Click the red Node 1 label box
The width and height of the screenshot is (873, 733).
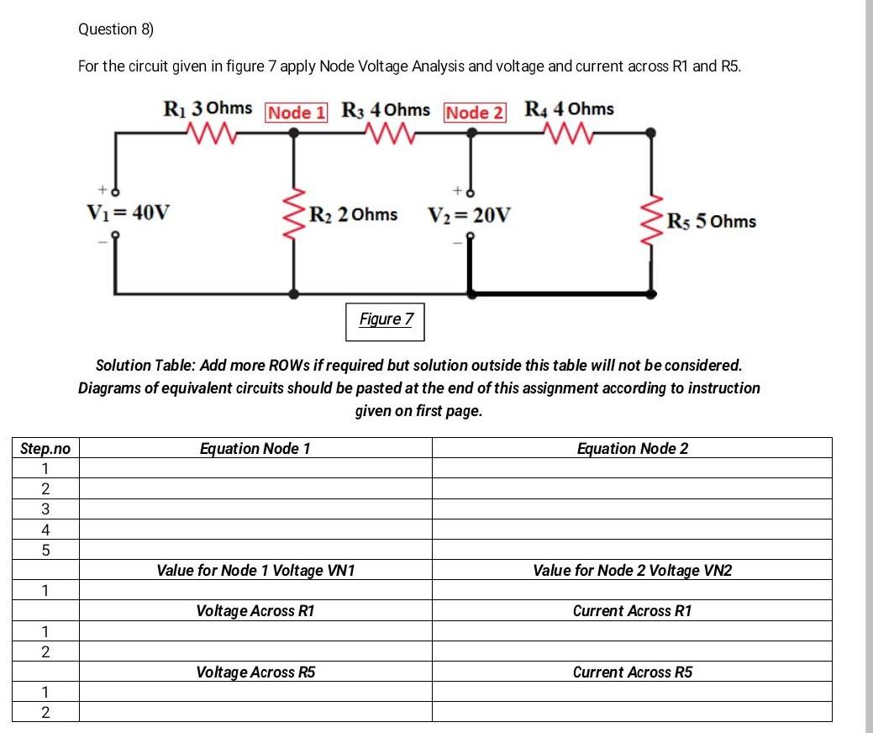[x=296, y=113]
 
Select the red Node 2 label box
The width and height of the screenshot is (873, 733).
[x=475, y=113]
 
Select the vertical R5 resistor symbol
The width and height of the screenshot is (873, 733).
[x=650, y=219]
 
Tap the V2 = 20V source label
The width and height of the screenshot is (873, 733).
[x=470, y=214]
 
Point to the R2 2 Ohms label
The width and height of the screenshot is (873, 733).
[x=353, y=214]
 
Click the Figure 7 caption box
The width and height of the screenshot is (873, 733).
[x=386, y=319]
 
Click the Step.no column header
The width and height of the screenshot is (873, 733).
[x=45, y=448]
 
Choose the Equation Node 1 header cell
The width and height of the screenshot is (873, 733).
[x=255, y=448]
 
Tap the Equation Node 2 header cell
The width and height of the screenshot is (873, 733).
[x=632, y=448]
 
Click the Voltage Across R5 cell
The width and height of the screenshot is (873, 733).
[x=255, y=672]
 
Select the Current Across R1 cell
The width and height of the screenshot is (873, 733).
[x=632, y=611]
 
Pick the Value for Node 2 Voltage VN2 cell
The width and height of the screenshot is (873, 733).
[x=632, y=571]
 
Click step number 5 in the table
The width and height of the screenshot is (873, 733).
[x=45, y=551]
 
